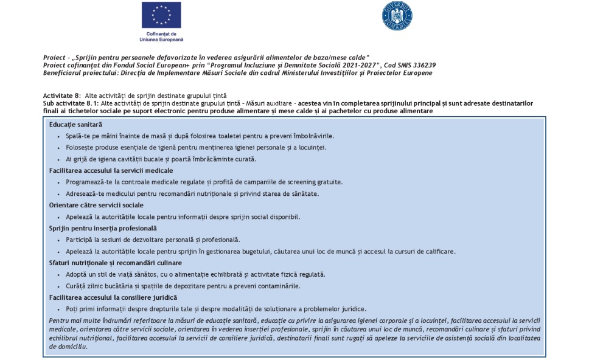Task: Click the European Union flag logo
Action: click(161, 15)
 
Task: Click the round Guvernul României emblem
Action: click(397, 16)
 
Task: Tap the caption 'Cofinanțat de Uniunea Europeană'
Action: click(161, 36)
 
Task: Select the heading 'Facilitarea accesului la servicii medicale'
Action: click(111, 170)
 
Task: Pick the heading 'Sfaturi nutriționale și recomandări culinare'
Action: click(115, 263)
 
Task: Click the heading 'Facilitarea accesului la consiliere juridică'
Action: click(113, 297)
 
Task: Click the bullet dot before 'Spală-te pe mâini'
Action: click(58, 136)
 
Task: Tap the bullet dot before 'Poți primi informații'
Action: click(58, 309)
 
